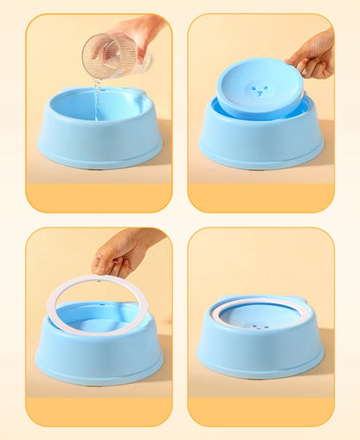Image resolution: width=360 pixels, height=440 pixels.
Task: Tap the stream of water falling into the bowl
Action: click(x=97, y=99)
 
